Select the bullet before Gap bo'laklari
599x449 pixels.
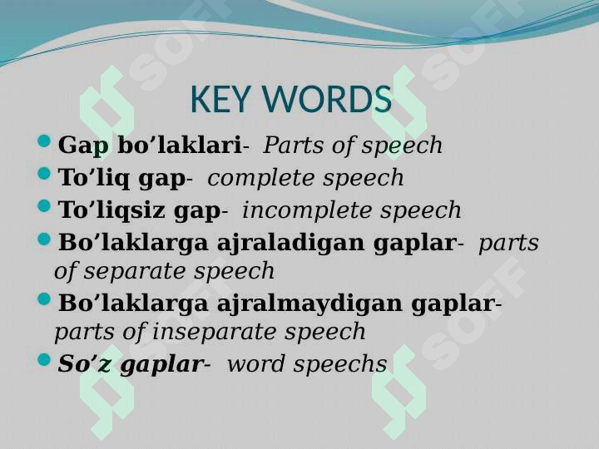click(x=46, y=143)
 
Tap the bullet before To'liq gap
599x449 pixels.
click(x=46, y=175)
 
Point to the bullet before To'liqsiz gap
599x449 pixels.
click(x=46, y=208)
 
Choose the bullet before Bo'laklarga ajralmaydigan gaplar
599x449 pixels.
click(x=46, y=301)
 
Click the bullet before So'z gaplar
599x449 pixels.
click(x=46, y=362)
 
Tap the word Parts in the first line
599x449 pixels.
click(x=290, y=146)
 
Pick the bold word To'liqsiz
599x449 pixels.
click(x=112, y=210)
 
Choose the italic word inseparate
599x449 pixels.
click(x=221, y=332)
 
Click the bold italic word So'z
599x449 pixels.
click(x=85, y=364)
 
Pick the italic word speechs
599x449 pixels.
click(x=349, y=364)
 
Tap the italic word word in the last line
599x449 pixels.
click(x=251, y=364)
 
